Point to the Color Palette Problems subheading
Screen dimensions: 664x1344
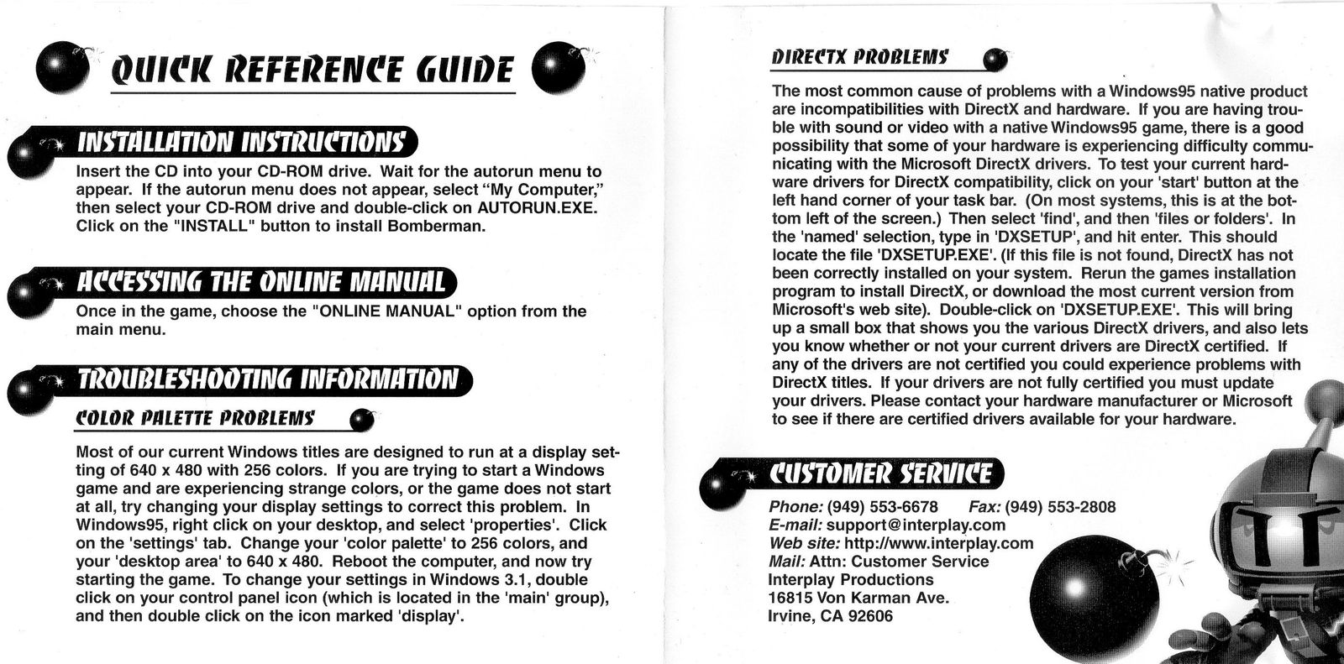click(195, 417)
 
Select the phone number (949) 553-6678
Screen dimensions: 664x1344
click(882, 507)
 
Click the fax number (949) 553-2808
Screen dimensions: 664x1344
click(1060, 507)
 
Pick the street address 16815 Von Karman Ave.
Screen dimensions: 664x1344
click(858, 598)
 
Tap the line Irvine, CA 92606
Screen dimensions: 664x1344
click(831, 616)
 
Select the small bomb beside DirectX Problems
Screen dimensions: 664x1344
click(995, 60)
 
